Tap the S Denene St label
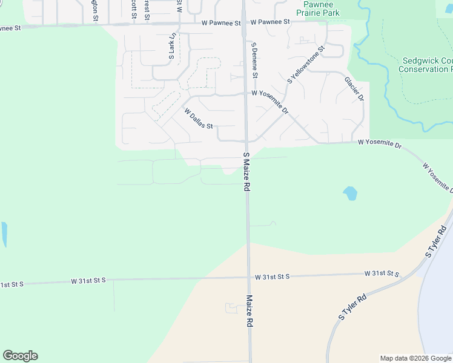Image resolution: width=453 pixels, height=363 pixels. (x=255, y=60)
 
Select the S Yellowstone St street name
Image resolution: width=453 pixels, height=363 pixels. (x=306, y=64)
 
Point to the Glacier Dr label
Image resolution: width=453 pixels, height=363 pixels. (x=354, y=88)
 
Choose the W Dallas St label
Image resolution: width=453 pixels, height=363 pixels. (x=199, y=119)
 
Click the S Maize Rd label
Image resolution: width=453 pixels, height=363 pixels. (x=246, y=172)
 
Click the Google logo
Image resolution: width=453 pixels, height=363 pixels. (x=20, y=356)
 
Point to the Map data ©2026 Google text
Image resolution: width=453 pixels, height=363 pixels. (x=415, y=358)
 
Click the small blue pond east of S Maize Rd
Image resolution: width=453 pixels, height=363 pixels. (x=350, y=194)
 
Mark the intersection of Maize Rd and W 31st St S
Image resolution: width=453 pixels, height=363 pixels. (x=248, y=278)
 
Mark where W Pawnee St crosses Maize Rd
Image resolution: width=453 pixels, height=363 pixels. (x=243, y=23)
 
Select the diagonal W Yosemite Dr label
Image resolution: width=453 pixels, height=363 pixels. (x=437, y=178)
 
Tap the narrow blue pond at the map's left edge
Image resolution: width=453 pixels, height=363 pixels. (x=4, y=235)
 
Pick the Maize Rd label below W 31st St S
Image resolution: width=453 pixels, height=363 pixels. (x=249, y=311)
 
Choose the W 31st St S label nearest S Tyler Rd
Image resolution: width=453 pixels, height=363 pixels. (x=382, y=274)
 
